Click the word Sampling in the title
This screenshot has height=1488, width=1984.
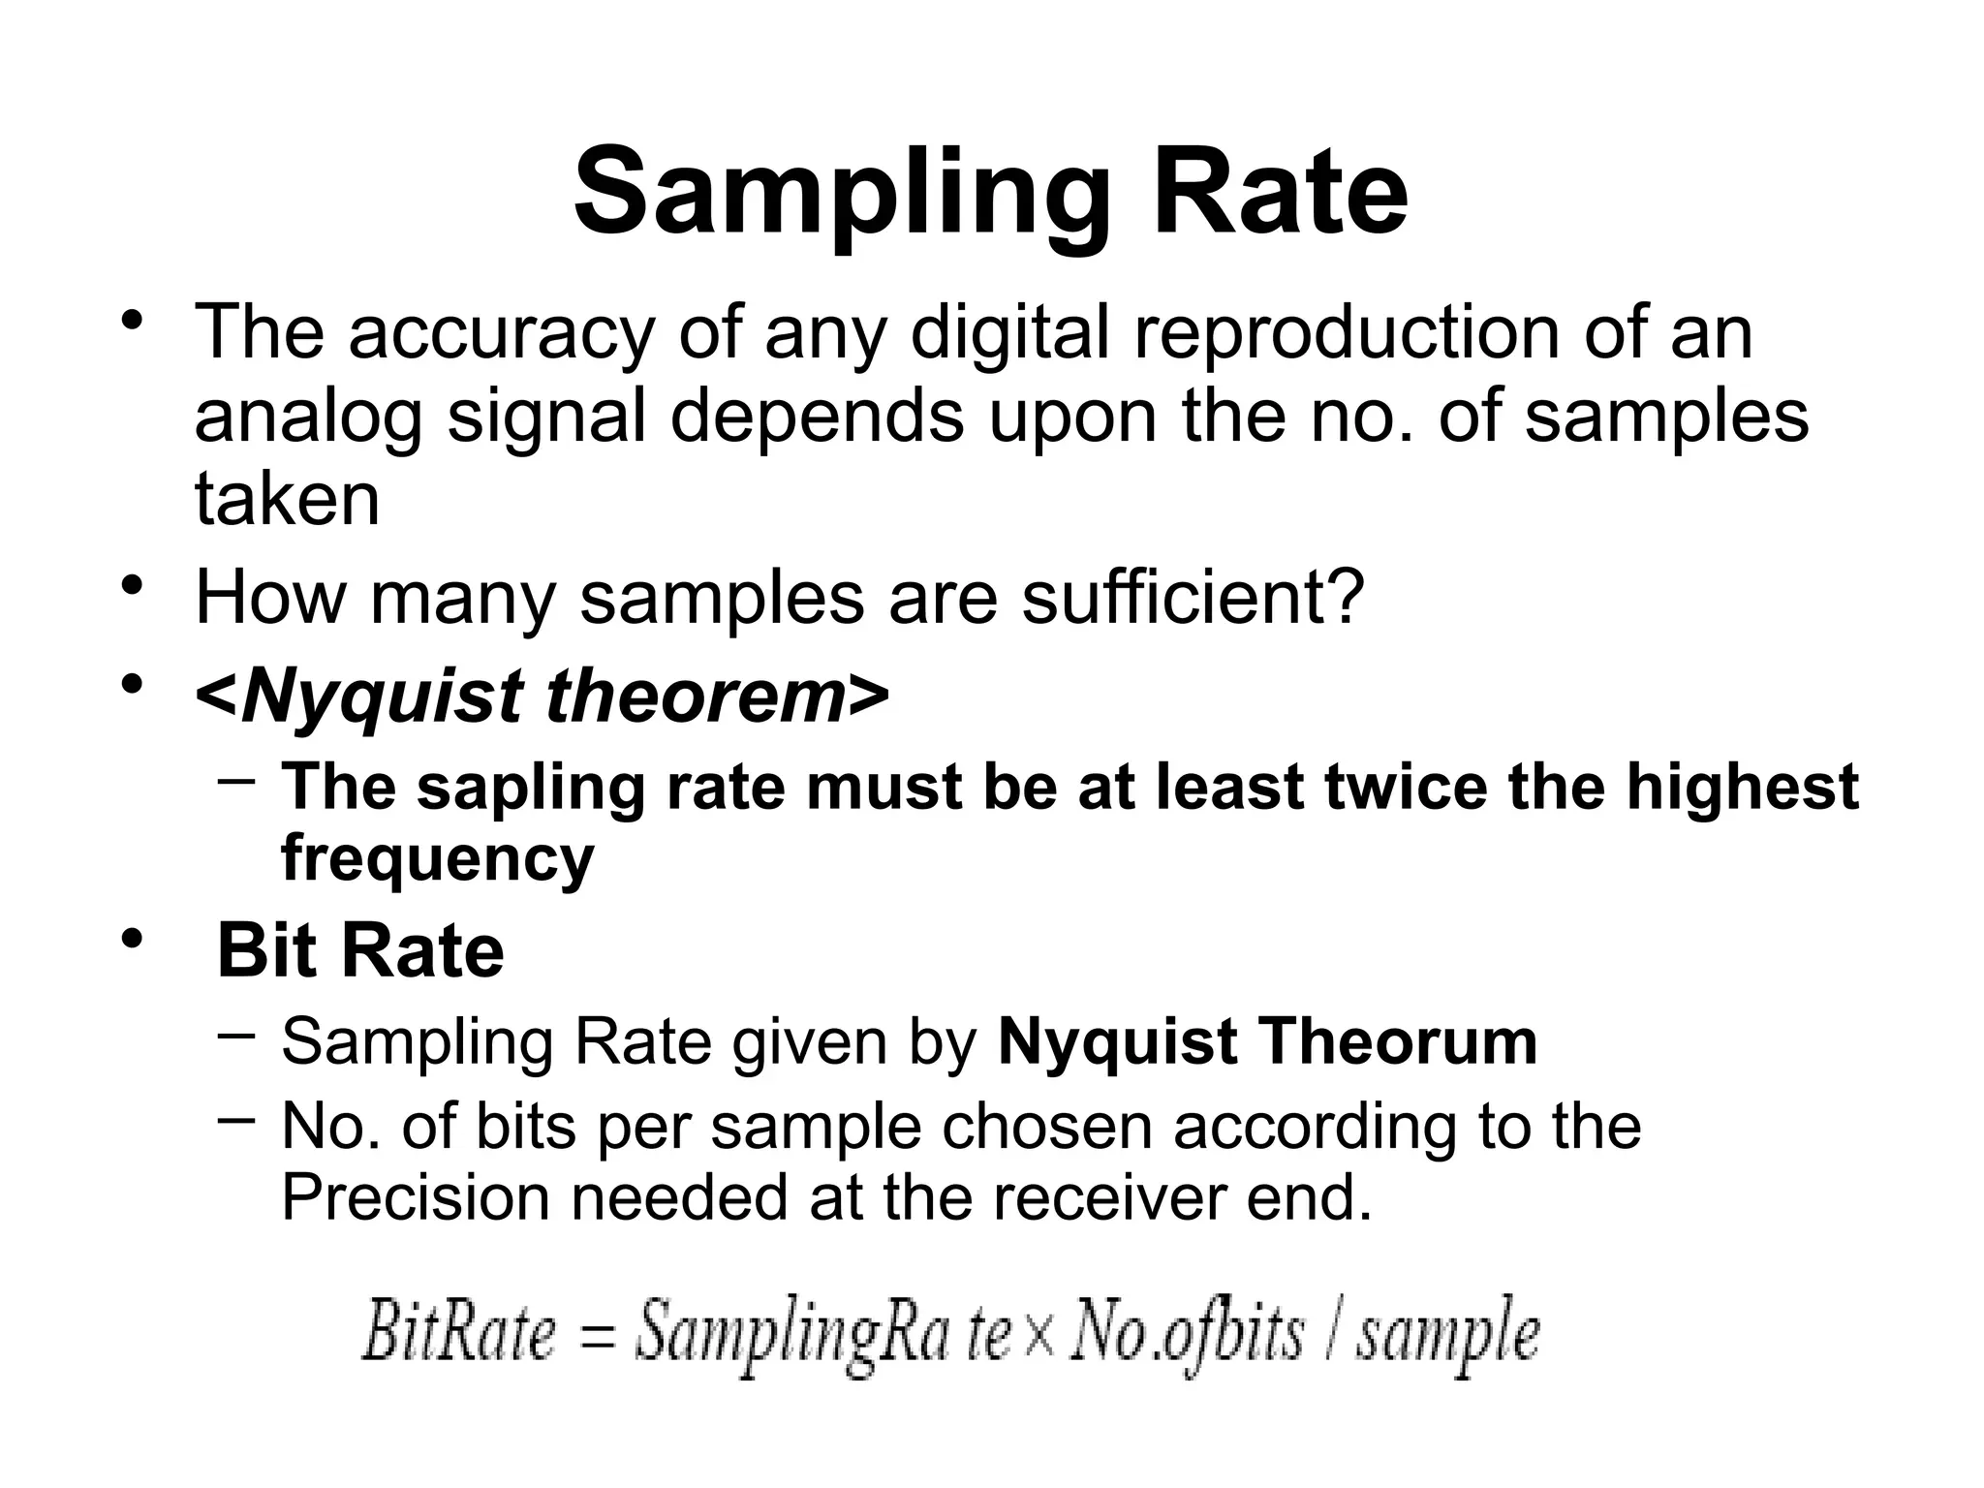(x=840, y=194)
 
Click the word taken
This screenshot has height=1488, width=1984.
(x=287, y=499)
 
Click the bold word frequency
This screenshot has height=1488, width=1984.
(x=438, y=858)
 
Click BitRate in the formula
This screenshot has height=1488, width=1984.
(x=458, y=1334)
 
